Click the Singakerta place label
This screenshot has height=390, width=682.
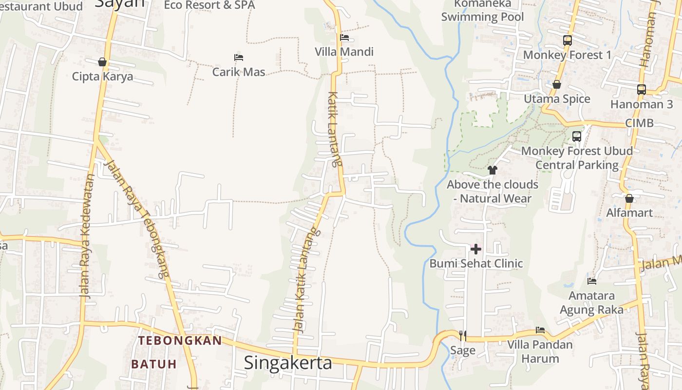point(288,363)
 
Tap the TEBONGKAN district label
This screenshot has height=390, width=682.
point(180,340)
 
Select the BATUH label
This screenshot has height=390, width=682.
point(153,364)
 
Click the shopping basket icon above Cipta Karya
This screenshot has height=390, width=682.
point(102,62)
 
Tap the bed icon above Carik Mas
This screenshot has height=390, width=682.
point(239,58)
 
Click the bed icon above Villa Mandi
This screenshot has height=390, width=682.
point(344,38)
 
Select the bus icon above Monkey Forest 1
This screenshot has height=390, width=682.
point(567,40)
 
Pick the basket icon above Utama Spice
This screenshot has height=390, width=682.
point(557,85)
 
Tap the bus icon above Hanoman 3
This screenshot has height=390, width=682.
point(642,90)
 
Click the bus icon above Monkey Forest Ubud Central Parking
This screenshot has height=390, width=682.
point(577,136)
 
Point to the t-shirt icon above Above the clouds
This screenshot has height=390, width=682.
point(492,170)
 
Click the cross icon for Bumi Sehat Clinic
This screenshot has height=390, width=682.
point(475,250)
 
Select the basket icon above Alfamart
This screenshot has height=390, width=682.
point(629,198)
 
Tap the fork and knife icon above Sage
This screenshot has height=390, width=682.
point(462,335)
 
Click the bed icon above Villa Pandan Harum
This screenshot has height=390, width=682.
point(540,330)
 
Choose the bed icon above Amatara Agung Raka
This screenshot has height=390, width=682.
point(592,281)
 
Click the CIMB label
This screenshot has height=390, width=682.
point(639,123)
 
